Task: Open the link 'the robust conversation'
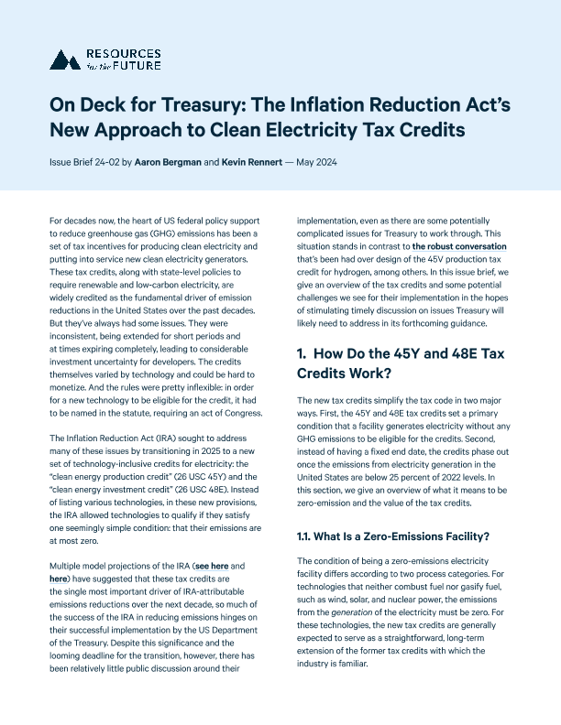(x=458, y=273)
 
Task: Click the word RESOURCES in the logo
(x=118, y=53)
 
